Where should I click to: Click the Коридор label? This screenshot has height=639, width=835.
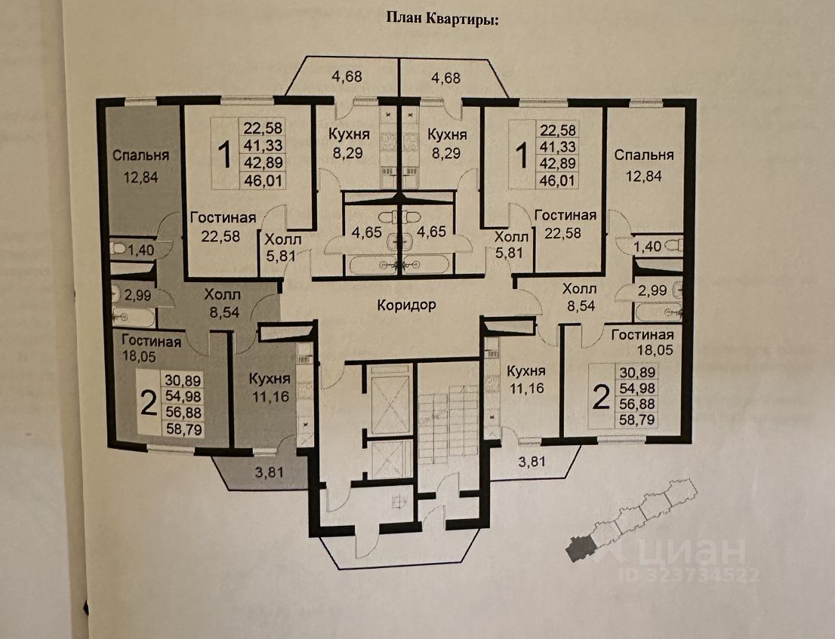[408, 306]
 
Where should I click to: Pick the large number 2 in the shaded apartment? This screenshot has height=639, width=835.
[147, 404]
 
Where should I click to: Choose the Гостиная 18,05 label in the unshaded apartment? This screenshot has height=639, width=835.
[642, 342]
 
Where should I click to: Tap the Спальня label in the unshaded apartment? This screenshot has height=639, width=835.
[643, 155]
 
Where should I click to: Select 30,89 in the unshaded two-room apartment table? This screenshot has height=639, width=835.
[638, 372]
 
